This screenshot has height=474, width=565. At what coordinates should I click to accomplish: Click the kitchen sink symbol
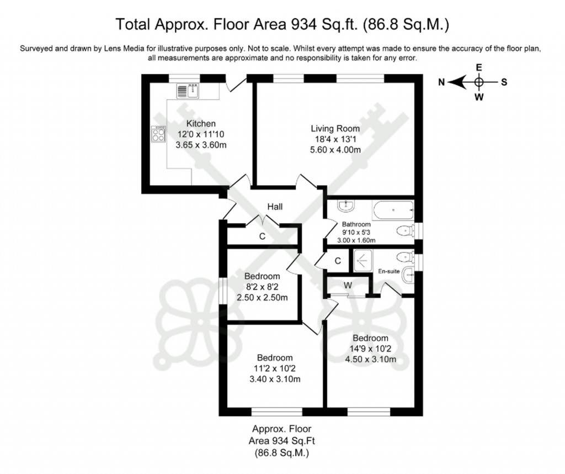point(188,90)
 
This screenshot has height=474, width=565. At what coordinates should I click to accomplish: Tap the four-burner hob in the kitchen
point(158,133)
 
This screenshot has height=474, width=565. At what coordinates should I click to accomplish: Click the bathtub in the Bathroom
point(393,210)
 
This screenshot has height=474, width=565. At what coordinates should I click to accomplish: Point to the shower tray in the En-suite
point(364,259)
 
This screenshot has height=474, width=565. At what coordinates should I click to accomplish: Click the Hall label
point(275,207)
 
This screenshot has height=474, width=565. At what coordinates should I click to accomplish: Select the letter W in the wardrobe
point(348,285)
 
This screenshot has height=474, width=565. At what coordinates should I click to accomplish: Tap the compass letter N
point(441,82)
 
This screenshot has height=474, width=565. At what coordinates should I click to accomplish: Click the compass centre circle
point(478,82)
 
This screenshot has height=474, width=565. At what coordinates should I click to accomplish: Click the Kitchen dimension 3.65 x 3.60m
point(201,145)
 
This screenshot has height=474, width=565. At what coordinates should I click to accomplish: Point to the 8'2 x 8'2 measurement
point(262,287)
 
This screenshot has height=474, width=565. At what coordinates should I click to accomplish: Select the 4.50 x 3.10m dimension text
point(370,359)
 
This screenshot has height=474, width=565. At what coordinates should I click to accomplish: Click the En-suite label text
point(388,271)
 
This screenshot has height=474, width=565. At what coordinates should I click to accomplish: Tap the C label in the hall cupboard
point(263,236)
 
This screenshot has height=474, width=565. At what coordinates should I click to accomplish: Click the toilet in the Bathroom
point(405,231)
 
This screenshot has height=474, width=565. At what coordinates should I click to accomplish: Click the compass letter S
point(504,82)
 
